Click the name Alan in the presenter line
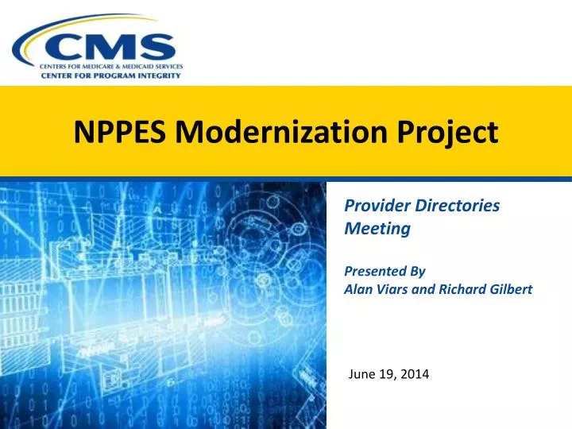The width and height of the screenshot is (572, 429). pos(358,289)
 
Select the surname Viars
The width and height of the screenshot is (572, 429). pos(393,289)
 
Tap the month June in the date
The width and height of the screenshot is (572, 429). pos(363,373)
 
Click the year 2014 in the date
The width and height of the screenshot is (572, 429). pos(414,373)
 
